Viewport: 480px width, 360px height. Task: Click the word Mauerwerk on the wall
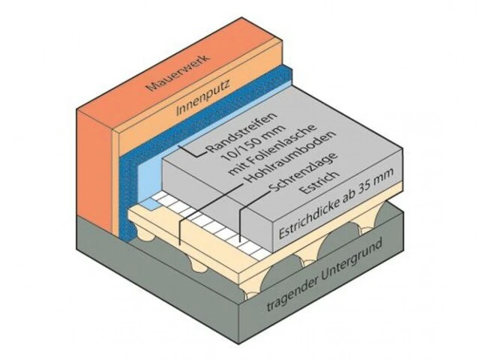tap(178, 73)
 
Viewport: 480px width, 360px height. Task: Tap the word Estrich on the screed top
tap(319, 183)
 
